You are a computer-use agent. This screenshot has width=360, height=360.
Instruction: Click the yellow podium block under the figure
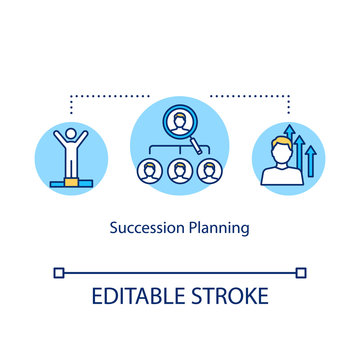(70, 183)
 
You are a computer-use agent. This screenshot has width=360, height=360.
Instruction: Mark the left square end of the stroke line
(59, 271)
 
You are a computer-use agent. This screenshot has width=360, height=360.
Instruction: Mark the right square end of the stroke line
(301, 271)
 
